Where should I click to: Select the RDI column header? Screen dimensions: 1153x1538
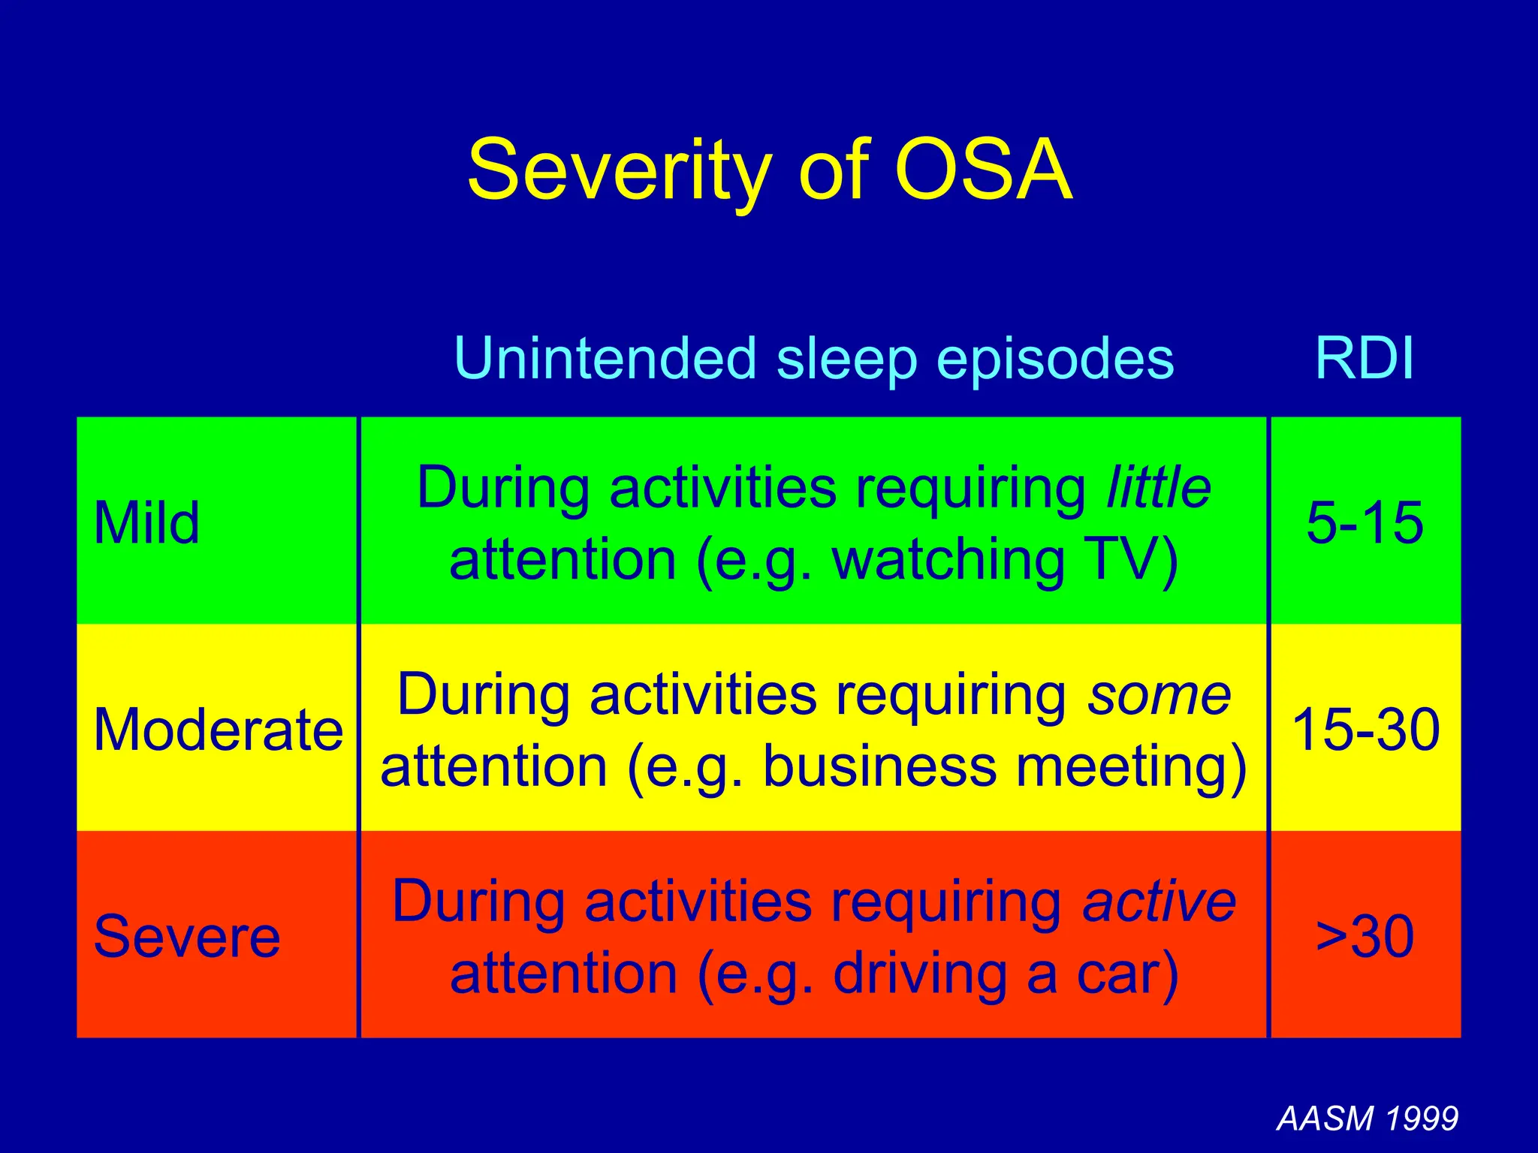(x=1365, y=358)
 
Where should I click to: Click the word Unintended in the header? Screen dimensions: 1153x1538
(x=605, y=358)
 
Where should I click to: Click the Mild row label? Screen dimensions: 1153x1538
(x=146, y=522)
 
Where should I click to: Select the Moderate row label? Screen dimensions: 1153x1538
(x=218, y=730)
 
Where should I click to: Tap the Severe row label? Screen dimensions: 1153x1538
(x=186, y=936)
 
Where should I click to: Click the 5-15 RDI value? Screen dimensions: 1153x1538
(x=1365, y=522)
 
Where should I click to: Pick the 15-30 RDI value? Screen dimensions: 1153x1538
(x=1365, y=730)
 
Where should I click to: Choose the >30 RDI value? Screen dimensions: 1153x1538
(x=1365, y=936)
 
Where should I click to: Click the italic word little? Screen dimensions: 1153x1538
(x=1159, y=487)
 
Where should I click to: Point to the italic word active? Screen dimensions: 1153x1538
(x=1159, y=902)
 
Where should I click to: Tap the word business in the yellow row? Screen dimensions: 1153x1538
(x=879, y=767)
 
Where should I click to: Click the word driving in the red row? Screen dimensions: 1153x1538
(x=920, y=974)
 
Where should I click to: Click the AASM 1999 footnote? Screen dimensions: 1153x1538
(x=1367, y=1118)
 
